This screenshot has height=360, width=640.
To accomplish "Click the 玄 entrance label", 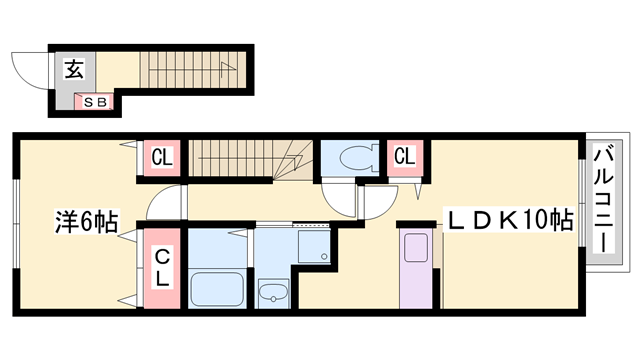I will coord(75,69).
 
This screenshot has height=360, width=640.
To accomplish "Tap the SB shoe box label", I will coord(95,101).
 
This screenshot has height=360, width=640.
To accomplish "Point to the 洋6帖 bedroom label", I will coord(85,223).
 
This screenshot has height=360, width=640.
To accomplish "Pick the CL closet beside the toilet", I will coord(405,157).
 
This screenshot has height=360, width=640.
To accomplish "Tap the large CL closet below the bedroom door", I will coord(161,267).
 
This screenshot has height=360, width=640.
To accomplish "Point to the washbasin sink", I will coord(272,292).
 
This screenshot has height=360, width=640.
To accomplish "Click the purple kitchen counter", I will coord(415,268).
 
